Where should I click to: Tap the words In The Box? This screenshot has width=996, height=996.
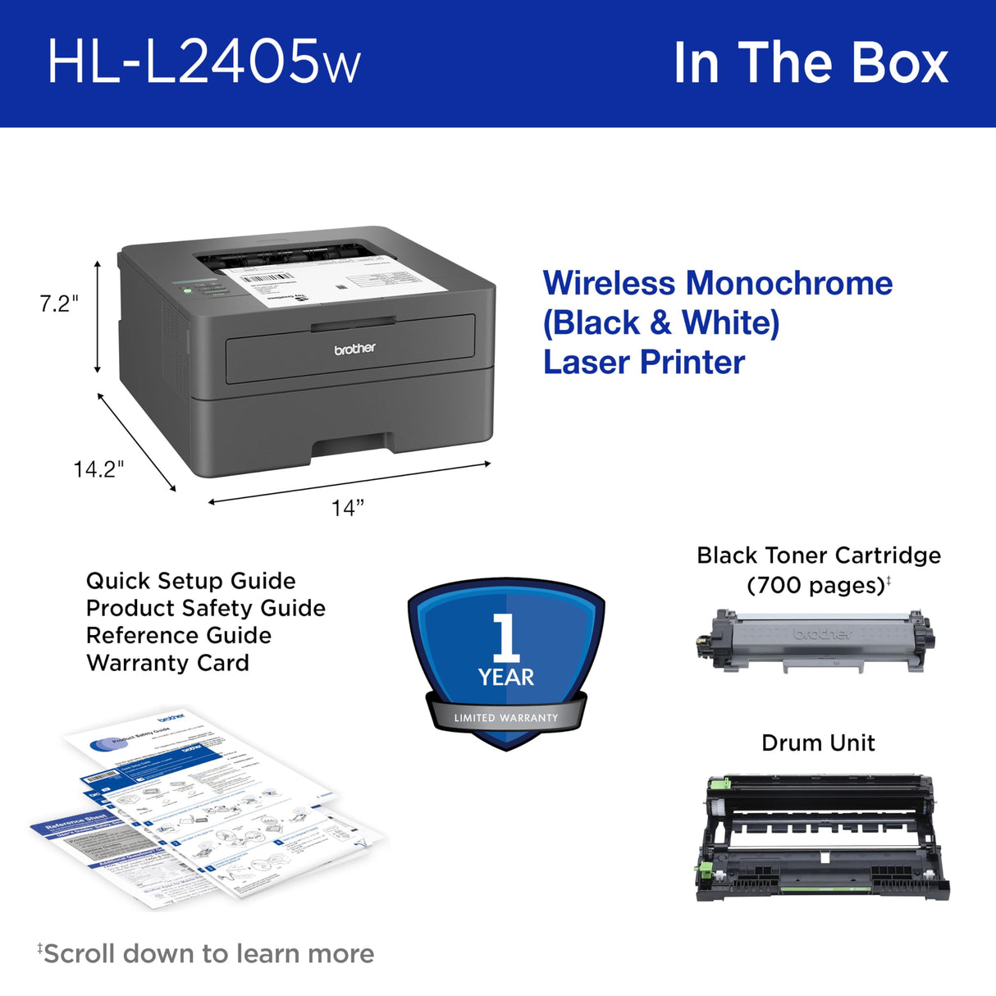[810, 63]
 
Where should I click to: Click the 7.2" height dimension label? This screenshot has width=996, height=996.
[59, 304]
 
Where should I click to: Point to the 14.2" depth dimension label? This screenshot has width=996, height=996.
[98, 469]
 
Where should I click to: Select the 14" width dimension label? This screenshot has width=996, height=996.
[347, 509]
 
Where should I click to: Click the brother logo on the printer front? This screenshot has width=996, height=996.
[354, 349]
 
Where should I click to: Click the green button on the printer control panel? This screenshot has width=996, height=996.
[188, 290]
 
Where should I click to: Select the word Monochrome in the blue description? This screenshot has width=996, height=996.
[788, 284]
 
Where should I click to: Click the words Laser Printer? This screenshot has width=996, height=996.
[644, 362]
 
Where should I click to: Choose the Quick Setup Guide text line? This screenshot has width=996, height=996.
[190, 581]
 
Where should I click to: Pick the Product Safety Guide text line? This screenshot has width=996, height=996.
[205, 608]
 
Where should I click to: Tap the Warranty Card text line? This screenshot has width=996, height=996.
[167, 663]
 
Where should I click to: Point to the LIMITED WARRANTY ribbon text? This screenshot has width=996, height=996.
[506, 718]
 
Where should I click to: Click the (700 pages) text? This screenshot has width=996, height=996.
[816, 586]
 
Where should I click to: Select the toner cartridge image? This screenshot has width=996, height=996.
[815, 640]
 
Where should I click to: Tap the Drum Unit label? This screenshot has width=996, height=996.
[818, 742]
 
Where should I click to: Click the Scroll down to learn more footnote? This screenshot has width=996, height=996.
[207, 953]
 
